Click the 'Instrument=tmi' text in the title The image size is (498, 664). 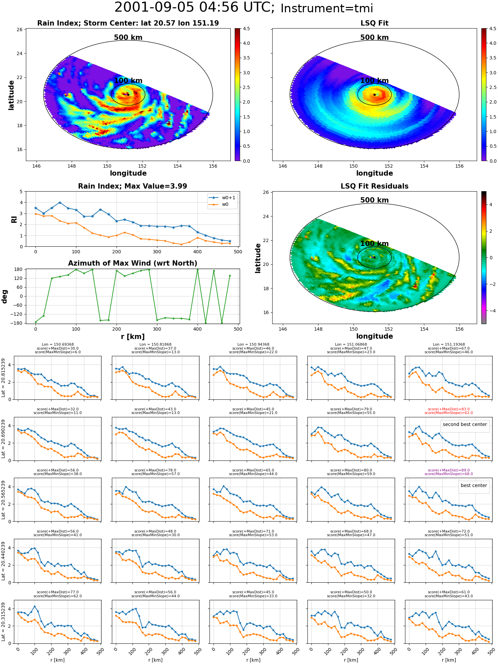[327, 8]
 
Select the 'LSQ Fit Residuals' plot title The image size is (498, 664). [374, 186]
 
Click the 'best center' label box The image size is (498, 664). [474, 485]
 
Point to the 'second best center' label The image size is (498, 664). [465, 424]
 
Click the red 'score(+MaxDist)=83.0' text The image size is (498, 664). [449, 409]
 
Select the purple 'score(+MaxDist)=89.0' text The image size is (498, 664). [449, 470]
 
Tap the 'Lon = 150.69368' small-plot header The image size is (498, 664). [58, 345]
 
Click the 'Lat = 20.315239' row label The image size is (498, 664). [3, 622]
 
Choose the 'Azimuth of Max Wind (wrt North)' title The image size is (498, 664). [132, 263]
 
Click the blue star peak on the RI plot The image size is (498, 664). [60, 203]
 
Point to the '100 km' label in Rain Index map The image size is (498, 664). [128, 81]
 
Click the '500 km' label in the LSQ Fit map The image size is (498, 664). [374, 38]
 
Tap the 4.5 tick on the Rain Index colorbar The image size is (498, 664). [246, 29]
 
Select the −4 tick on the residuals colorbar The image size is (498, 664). [491, 311]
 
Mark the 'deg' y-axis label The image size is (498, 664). [5, 296]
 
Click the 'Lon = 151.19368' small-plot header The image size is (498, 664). [449, 345]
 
